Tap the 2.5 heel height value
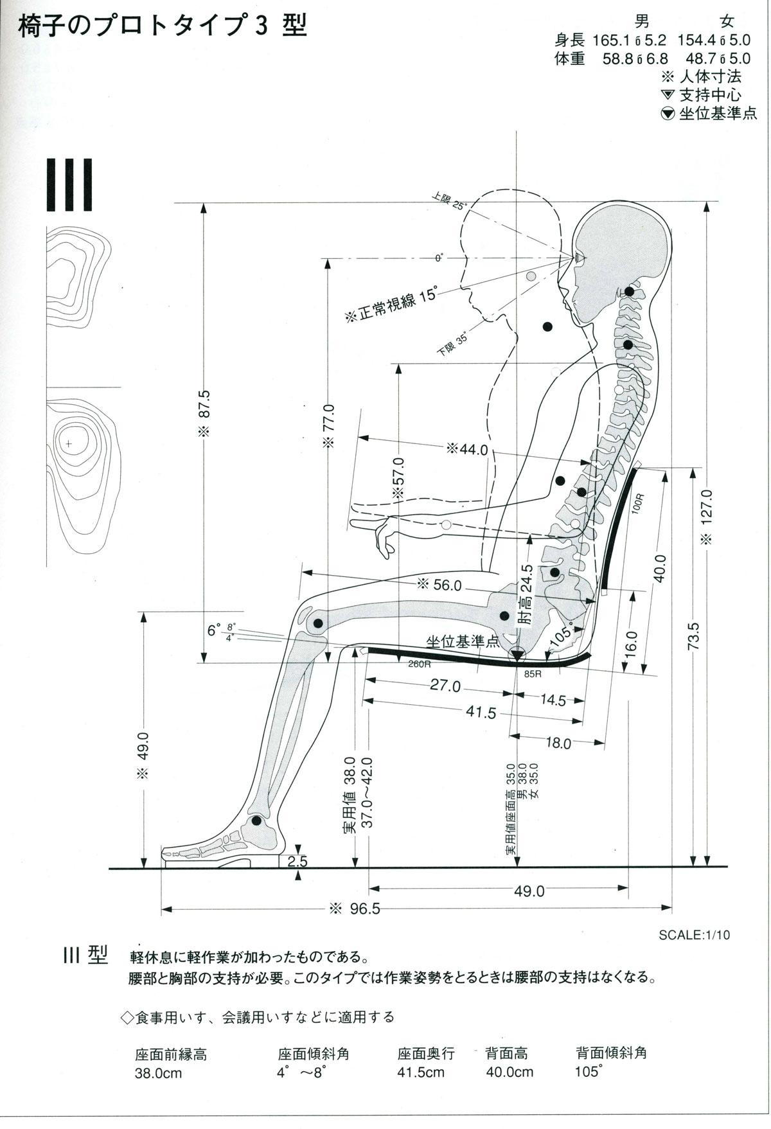tap(297, 862)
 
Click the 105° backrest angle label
tap(561, 637)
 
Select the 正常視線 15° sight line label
tap(391, 305)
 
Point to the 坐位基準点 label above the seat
tap(463, 641)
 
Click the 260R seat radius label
tap(419, 664)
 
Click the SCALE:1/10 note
tap(694, 935)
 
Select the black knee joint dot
tap(317, 623)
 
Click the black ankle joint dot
tap(256, 821)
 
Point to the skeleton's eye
tap(580, 258)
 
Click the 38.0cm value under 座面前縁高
tap(158, 1073)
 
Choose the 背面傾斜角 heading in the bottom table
tap(611, 1053)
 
